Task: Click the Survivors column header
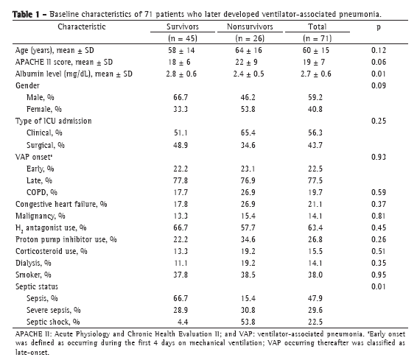183,27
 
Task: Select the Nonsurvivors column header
250,27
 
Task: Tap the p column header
379,27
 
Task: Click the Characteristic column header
82,27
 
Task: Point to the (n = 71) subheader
317,38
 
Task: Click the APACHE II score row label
64,62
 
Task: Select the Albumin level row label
74,74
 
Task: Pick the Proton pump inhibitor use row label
66,240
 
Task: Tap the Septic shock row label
53,322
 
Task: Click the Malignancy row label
41,216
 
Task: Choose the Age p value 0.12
379,50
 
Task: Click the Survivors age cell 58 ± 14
181,50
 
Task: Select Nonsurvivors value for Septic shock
248,322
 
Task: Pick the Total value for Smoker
315,275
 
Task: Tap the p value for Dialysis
379,263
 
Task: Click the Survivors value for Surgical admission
181,145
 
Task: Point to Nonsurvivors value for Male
248,97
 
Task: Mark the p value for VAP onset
379,157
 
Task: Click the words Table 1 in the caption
26,14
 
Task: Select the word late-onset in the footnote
32,353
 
